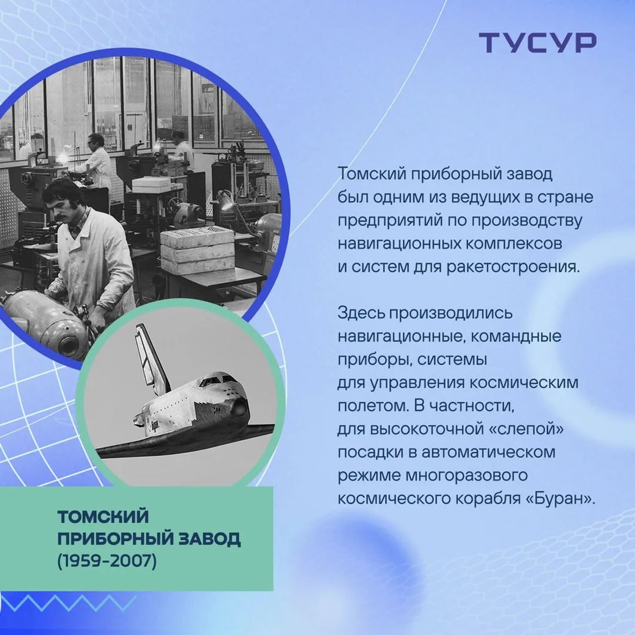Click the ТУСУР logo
(x=537, y=42)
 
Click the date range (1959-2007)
(x=107, y=561)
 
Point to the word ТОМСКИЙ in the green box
(x=103, y=516)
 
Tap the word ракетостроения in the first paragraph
(x=513, y=268)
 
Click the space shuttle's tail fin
(x=151, y=360)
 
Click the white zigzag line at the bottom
(x=68, y=603)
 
